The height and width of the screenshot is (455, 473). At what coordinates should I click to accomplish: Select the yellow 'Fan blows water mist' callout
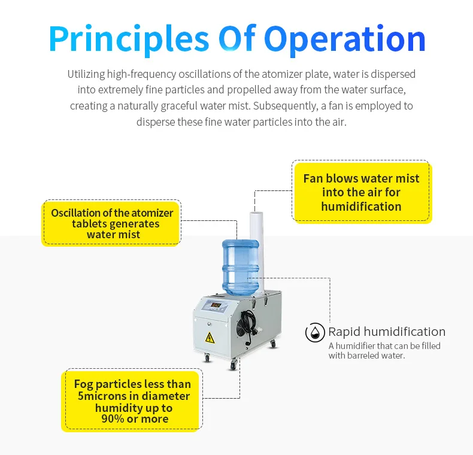pyautogui.click(x=361, y=192)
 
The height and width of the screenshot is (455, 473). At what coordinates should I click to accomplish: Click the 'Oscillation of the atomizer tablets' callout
pyautogui.click(x=112, y=223)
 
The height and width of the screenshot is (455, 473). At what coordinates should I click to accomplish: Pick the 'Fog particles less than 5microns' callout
pyautogui.click(x=132, y=401)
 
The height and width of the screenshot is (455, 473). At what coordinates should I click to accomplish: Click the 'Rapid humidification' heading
pyautogui.click(x=386, y=332)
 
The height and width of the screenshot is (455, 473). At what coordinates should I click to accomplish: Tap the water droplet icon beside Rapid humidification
pyautogui.click(x=315, y=333)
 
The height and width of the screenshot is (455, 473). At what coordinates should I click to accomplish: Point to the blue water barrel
pyautogui.click(x=240, y=267)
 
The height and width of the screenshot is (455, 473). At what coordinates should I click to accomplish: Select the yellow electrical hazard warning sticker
pyautogui.click(x=210, y=337)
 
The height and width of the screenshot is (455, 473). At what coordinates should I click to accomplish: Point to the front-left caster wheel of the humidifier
pyautogui.click(x=207, y=358)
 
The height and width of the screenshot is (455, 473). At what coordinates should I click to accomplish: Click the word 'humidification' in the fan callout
pyautogui.click(x=361, y=207)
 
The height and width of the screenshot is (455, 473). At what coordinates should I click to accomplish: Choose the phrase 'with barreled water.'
pyautogui.click(x=366, y=356)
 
